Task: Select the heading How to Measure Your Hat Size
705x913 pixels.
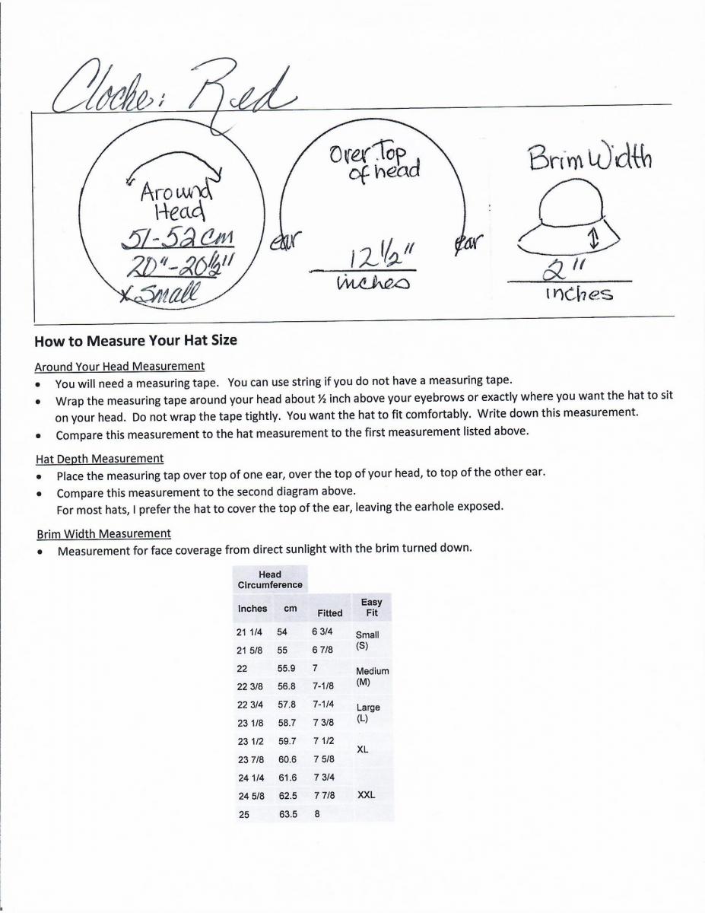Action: [136, 341]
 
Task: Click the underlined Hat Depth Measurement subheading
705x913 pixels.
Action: [100, 459]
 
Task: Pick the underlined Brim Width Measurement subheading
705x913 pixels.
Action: [103, 533]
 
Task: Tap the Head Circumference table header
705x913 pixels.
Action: [270, 580]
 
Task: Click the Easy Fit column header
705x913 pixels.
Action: [371, 607]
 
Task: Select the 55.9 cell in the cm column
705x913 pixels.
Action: [287, 667]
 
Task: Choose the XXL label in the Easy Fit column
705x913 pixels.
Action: [366, 795]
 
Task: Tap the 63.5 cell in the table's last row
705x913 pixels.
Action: [287, 813]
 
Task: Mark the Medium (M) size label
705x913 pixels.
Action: [372, 676]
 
